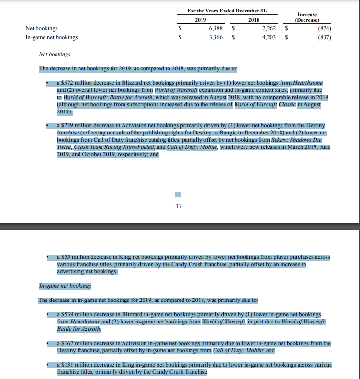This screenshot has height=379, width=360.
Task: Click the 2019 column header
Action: (x=201, y=20)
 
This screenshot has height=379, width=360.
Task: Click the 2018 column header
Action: (x=253, y=20)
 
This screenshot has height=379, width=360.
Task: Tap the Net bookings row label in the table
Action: (x=42, y=28)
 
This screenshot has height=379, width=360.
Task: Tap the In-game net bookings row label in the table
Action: (x=52, y=37)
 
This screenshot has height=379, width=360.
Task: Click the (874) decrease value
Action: (x=324, y=28)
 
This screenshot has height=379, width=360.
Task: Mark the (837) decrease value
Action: (x=324, y=37)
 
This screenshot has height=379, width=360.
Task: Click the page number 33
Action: (x=178, y=206)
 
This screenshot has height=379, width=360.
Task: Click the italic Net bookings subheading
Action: (x=55, y=54)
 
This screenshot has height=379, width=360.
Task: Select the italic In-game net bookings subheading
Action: (x=65, y=286)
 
